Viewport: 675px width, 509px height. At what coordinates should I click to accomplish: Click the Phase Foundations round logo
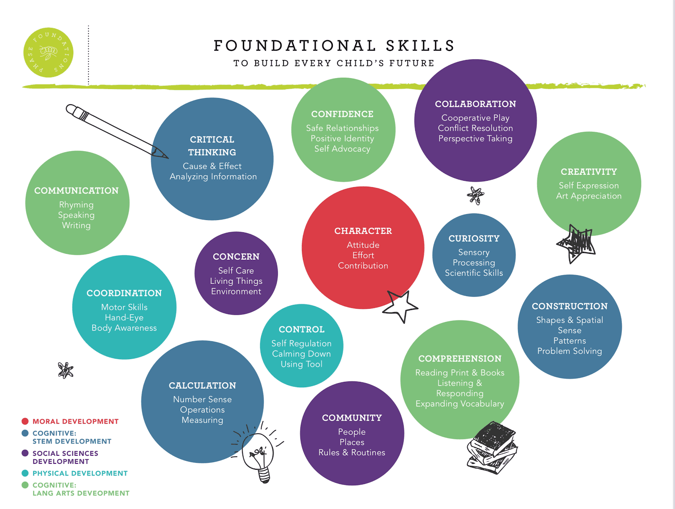click(x=48, y=52)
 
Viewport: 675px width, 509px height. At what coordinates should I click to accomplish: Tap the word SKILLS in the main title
click(x=420, y=46)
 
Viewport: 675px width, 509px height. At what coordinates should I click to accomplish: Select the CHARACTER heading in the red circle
click(x=363, y=231)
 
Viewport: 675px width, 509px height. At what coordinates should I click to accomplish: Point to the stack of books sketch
click(x=492, y=448)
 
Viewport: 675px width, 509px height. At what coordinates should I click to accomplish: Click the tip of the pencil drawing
click(x=168, y=158)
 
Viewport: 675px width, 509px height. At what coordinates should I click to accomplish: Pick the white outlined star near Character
click(x=400, y=306)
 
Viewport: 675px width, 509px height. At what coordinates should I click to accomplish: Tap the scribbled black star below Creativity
click(x=576, y=244)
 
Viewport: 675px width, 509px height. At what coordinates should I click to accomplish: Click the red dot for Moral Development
click(x=25, y=421)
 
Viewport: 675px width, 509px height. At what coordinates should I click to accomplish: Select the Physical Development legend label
click(x=80, y=473)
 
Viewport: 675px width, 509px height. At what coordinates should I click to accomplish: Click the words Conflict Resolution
click(x=475, y=128)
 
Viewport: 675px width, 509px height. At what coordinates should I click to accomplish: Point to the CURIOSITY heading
click(x=474, y=238)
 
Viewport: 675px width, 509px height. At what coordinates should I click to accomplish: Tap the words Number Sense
click(x=202, y=399)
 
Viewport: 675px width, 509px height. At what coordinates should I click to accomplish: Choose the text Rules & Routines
click(x=352, y=452)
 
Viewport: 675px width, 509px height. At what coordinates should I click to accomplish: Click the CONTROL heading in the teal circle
click(x=302, y=329)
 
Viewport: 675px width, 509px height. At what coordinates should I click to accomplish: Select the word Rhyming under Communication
click(x=76, y=205)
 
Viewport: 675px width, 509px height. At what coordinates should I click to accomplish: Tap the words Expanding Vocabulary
click(x=460, y=404)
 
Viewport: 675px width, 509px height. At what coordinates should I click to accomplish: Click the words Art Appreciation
click(x=589, y=196)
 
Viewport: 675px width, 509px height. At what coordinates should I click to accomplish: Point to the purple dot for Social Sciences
click(x=25, y=453)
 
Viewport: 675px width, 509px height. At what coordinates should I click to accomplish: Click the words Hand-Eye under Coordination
click(x=124, y=318)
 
